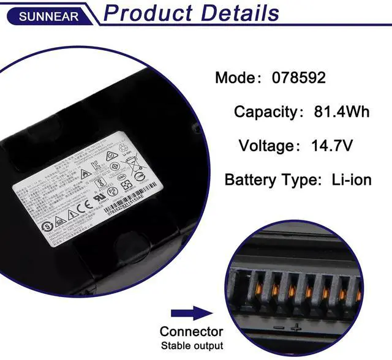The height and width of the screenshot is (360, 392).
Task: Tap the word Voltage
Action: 266,146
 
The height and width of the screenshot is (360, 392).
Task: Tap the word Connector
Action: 191,332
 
